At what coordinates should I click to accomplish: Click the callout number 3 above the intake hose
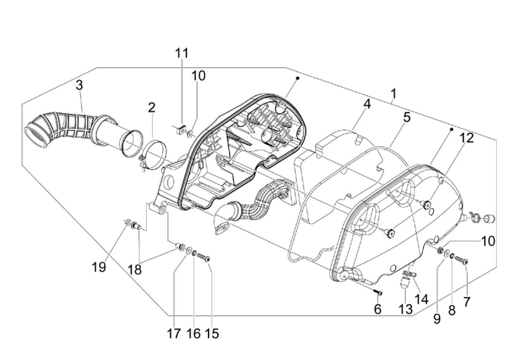(x=80, y=85)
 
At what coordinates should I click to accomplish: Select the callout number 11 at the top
(x=182, y=53)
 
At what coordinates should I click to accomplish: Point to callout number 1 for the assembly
(x=394, y=93)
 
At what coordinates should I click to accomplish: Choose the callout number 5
(x=407, y=117)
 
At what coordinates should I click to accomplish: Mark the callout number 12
(x=467, y=138)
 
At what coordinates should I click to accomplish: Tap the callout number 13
(x=405, y=309)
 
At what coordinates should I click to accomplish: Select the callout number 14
(x=421, y=299)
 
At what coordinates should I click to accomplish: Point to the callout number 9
(x=437, y=319)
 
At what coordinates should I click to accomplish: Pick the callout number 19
(x=99, y=267)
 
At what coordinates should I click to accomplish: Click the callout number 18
(x=135, y=269)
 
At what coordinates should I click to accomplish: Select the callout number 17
(x=174, y=334)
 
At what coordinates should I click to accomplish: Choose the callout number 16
(x=193, y=334)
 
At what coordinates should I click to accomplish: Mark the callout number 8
(x=452, y=310)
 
